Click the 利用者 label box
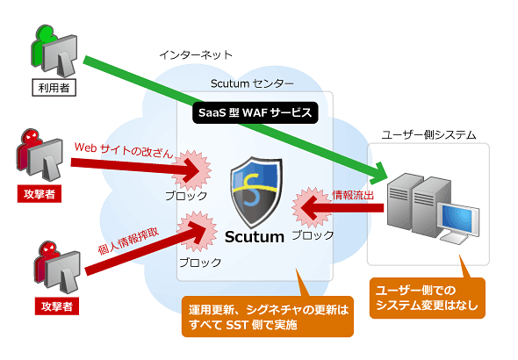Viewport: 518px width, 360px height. tap(54, 88)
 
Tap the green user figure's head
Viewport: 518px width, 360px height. tap(46, 32)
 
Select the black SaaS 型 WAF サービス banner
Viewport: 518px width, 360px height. tap(255, 112)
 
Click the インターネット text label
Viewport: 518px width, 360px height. tap(196, 54)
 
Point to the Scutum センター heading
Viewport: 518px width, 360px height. tap(252, 83)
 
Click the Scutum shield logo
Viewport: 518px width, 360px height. tap(256, 192)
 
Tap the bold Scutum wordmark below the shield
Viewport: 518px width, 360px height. tap(255, 237)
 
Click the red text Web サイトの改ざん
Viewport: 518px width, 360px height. tap(124, 150)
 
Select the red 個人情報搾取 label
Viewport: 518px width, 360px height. tap(128, 241)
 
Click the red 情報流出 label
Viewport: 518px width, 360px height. tap(353, 195)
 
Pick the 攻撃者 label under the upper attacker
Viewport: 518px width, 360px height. tap(40, 194)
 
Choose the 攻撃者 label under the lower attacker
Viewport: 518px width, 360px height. tap(57, 306)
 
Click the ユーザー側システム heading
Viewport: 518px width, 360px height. tap(428, 134)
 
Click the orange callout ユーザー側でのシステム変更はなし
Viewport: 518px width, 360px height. tap(428, 298)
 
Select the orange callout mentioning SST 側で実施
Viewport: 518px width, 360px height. tap(268, 316)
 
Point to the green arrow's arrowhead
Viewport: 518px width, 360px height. tap(379, 174)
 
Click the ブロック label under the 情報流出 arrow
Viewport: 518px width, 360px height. tap(313, 235)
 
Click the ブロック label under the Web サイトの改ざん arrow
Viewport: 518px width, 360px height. tap(186, 196)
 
